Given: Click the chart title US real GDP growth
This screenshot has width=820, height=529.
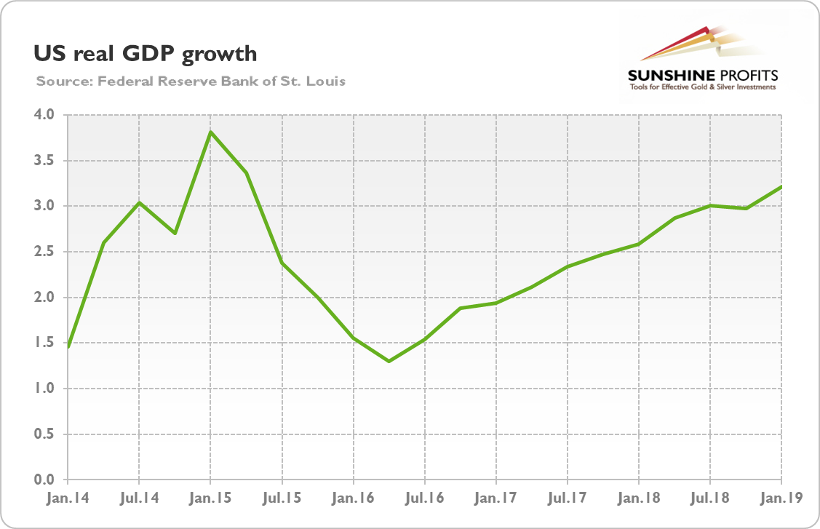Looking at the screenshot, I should point(145,53).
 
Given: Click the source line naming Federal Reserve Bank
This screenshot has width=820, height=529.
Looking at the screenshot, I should point(190,81).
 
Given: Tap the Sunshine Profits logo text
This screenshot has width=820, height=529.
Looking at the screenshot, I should point(703,75).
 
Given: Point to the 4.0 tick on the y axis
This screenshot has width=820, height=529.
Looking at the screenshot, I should point(45,115).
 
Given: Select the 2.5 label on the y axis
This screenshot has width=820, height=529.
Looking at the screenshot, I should point(45,252).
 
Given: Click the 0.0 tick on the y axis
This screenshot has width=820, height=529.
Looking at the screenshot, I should point(45,480).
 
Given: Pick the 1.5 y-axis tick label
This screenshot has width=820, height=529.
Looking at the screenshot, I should point(45,343).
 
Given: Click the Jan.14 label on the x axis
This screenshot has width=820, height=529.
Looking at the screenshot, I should point(67,500).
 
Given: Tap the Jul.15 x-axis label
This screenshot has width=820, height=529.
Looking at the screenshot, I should point(281,500).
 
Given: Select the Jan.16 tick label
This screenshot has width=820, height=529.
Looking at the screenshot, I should point(353,500).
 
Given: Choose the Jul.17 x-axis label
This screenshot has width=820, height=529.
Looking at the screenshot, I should point(567,500).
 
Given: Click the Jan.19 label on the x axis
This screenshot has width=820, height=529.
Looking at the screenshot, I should point(781,500).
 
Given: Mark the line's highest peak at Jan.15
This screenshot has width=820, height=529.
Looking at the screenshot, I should point(210,132).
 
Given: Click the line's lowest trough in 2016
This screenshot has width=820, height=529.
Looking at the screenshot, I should point(389,361).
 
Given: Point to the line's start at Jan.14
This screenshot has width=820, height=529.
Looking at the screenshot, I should point(68,347).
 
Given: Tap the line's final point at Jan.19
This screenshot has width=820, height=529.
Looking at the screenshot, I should point(781,187).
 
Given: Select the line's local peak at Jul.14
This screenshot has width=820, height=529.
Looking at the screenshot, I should point(139,202).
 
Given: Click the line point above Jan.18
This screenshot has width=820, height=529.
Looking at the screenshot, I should point(639,244).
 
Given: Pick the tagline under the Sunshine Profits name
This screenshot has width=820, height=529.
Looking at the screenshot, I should point(703,88).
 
